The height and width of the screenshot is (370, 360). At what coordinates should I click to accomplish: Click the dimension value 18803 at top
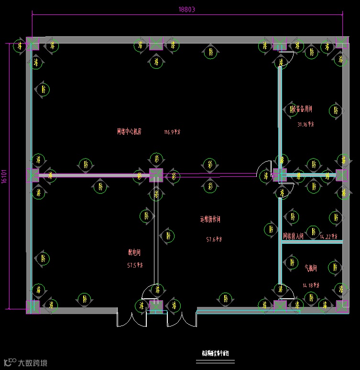tap(186, 9)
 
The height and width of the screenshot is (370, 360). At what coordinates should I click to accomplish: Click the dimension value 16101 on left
tap(4, 176)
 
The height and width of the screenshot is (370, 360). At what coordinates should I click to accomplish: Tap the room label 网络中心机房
tap(129, 131)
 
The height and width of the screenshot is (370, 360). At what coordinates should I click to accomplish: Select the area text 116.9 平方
tap(172, 132)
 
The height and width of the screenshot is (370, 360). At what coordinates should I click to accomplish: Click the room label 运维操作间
tap(210, 219)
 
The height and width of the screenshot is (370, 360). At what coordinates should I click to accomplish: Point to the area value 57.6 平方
tap(214, 239)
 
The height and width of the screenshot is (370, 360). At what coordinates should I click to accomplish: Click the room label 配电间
tap(134, 252)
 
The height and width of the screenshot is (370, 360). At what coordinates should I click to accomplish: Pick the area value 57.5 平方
tap(135, 265)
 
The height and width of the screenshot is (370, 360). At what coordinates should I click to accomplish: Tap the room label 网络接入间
tap(293, 236)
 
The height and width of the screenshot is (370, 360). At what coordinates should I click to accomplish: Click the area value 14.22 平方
tap(329, 236)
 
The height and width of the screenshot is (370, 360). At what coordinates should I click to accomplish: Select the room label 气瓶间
tap(311, 268)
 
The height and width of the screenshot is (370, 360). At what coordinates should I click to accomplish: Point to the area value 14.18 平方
tap(311, 285)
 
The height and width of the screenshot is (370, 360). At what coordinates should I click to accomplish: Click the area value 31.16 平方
tap(306, 124)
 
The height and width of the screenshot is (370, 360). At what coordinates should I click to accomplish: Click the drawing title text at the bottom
tap(216, 353)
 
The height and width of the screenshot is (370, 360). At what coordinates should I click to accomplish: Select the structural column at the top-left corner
tap(33, 43)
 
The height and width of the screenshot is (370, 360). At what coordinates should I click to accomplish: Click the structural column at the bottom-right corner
tap(342, 306)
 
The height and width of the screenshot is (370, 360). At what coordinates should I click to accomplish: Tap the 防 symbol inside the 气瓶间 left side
tap(292, 262)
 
